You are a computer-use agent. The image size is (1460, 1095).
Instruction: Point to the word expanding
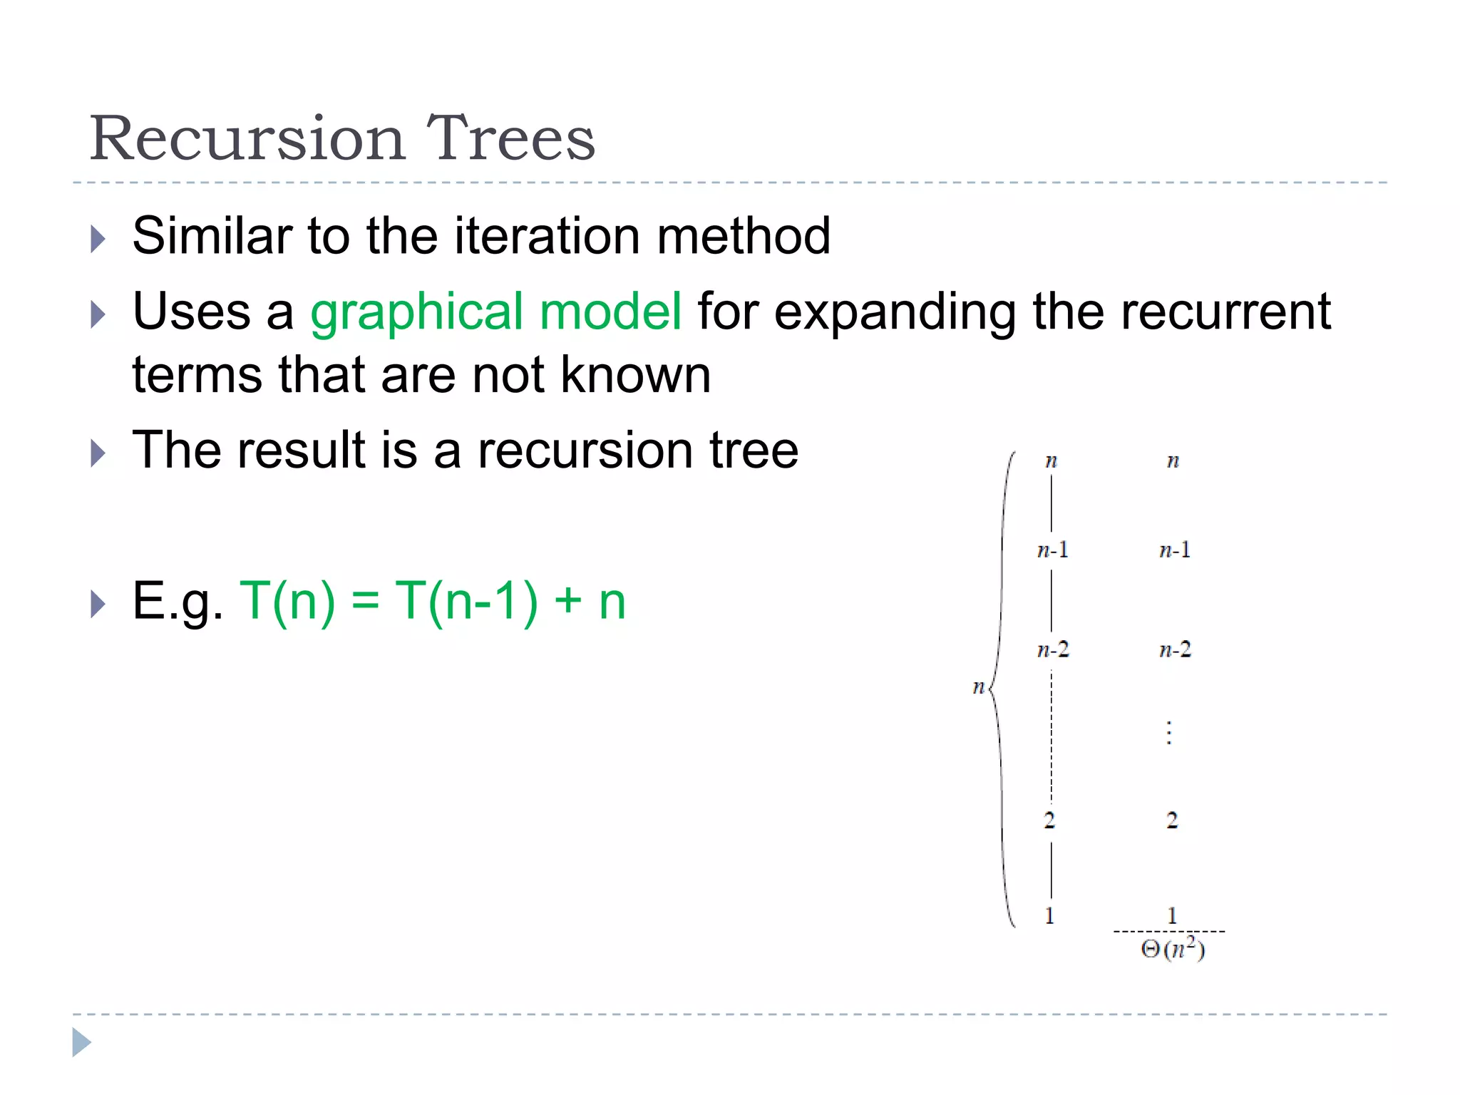pos(894,312)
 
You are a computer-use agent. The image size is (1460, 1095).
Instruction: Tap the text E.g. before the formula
pos(178,601)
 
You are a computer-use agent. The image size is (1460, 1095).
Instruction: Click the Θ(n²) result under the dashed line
pos(1173,950)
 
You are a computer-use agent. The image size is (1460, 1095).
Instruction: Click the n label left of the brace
pos(979,687)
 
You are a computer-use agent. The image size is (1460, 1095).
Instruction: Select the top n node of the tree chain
pos(1051,461)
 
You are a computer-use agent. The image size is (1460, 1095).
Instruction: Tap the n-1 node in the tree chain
pos(1052,550)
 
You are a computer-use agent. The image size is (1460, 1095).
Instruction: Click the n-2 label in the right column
pos(1175,649)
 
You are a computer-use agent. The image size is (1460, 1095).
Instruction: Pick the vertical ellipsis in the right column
pos(1169,733)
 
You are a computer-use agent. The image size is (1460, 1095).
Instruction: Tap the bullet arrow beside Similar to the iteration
pos(98,239)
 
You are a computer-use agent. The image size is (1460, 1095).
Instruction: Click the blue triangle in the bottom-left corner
pos(81,1042)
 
